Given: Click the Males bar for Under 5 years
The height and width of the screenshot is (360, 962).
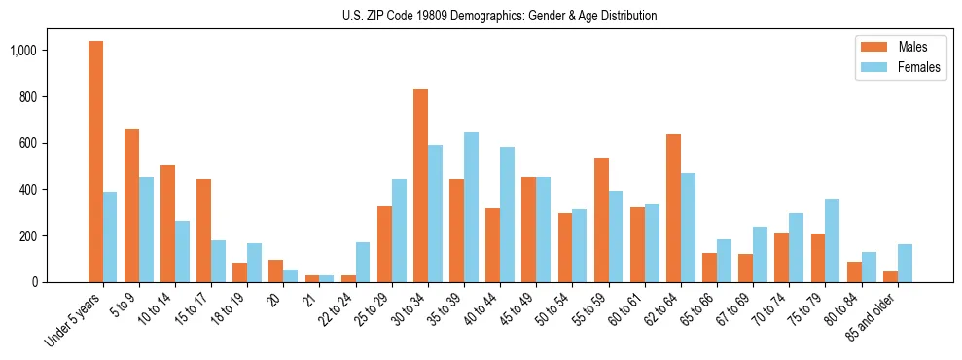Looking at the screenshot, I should point(95,162).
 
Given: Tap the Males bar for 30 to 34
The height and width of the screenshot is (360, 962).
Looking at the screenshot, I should point(420,185).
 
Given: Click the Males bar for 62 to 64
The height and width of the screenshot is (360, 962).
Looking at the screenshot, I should point(673,208).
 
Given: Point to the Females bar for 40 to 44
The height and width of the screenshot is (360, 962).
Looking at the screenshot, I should point(507,214).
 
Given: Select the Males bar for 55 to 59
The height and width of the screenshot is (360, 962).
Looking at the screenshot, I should point(601,220).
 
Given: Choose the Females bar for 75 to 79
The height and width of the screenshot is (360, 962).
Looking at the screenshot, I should point(832,240).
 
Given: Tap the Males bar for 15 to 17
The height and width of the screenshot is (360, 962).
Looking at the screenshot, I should point(203,231).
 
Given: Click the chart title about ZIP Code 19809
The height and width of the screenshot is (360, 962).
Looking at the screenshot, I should point(499,16).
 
